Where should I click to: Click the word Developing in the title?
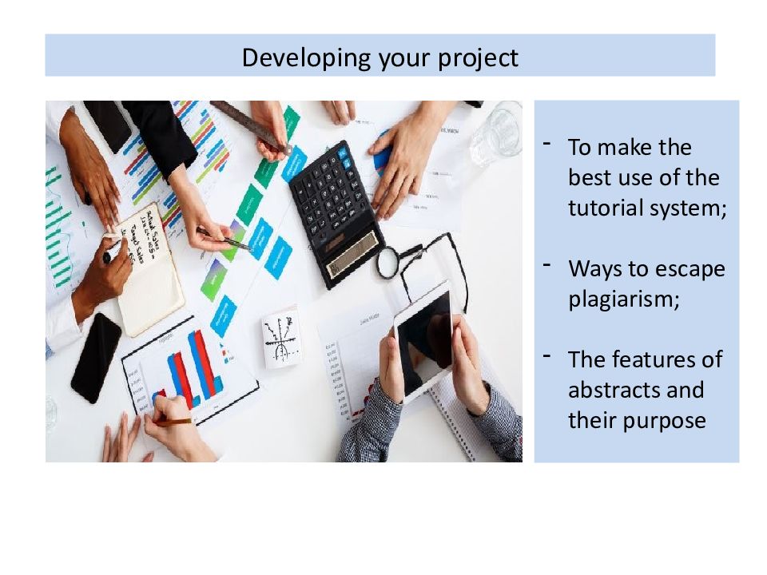point(307,58)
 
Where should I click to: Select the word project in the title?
point(478,59)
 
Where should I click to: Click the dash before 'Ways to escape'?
point(546,265)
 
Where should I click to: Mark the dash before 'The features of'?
point(546,355)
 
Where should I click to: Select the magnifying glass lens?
point(389,263)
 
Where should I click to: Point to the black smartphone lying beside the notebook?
point(97,358)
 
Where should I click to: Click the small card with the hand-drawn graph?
point(281,337)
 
